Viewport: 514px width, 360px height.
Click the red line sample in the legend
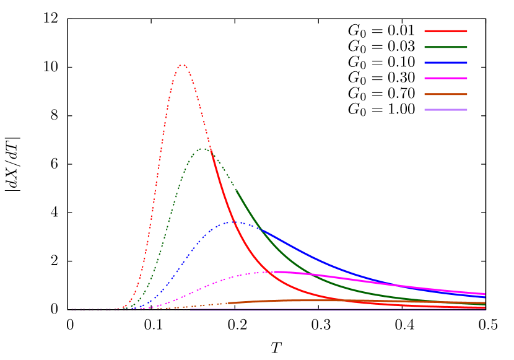446,31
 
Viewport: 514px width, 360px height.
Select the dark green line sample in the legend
446,47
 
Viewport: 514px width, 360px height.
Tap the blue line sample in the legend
446,63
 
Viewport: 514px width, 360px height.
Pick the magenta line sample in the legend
446,78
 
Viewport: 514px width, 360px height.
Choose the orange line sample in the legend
446,94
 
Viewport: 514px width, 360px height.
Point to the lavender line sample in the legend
446,110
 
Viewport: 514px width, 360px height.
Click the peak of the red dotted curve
182,64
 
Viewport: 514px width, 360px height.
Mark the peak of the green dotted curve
202,149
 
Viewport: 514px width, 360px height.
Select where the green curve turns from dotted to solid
236,190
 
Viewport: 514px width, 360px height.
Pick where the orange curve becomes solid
227,303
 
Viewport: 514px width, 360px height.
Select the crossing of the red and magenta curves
272,272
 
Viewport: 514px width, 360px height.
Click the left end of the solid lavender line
190,310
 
